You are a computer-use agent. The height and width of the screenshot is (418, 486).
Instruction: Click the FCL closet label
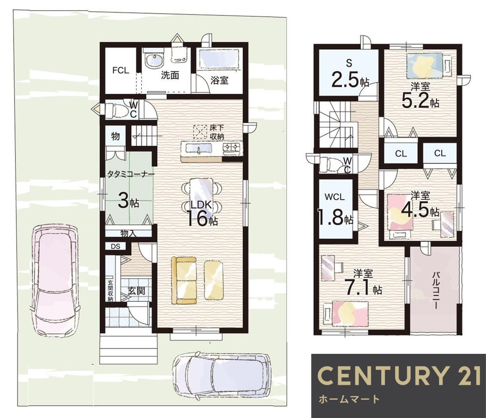click(x=121, y=70)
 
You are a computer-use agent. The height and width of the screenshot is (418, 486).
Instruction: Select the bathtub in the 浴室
click(x=219, y=59)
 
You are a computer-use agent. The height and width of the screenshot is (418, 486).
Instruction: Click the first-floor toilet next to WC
click(x=115, y=110)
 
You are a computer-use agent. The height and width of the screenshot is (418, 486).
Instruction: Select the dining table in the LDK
click(x=202, y=196)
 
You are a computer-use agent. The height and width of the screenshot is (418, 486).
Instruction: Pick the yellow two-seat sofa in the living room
click(x=184, y=280)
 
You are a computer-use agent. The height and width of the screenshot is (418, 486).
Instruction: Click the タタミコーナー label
click(x=130, y=174)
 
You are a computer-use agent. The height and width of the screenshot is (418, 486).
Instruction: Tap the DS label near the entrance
click(x=115, y=246)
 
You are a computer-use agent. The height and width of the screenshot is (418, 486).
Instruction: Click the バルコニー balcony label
click(x=437, y=290)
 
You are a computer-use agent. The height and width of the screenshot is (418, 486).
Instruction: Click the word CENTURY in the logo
click(x=382, y=376)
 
